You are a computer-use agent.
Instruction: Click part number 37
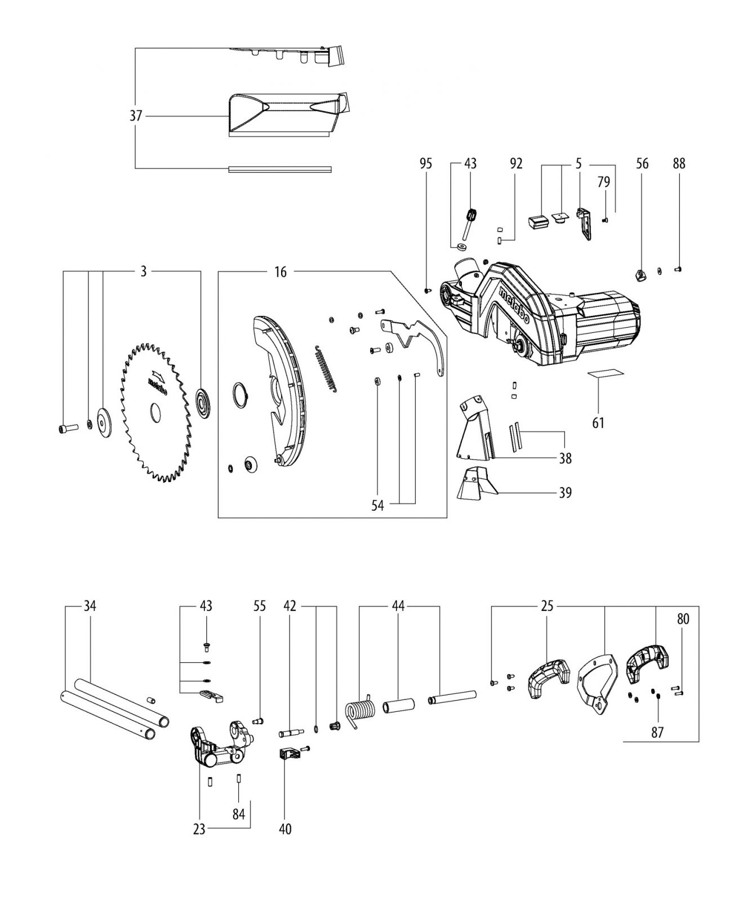point(136,116)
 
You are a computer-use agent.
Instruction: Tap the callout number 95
point(426,163)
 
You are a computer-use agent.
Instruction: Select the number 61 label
point(598,422)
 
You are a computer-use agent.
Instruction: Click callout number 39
point(565,493)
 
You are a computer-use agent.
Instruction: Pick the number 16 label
point(281,273)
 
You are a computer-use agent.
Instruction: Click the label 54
point(377,506)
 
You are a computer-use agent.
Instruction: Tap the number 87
point(657,733)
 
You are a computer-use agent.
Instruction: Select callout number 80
point(683,619)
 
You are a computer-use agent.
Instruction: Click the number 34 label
point(90,606)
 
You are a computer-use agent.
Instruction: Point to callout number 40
point(286,829)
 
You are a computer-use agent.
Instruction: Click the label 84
point(239,814)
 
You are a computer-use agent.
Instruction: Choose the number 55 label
point(260,606)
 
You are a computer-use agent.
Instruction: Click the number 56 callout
point(642,163)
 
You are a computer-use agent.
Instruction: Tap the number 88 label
point(679,163)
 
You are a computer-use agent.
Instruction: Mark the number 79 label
point(603,182)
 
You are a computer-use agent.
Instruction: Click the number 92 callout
point(516,163)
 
